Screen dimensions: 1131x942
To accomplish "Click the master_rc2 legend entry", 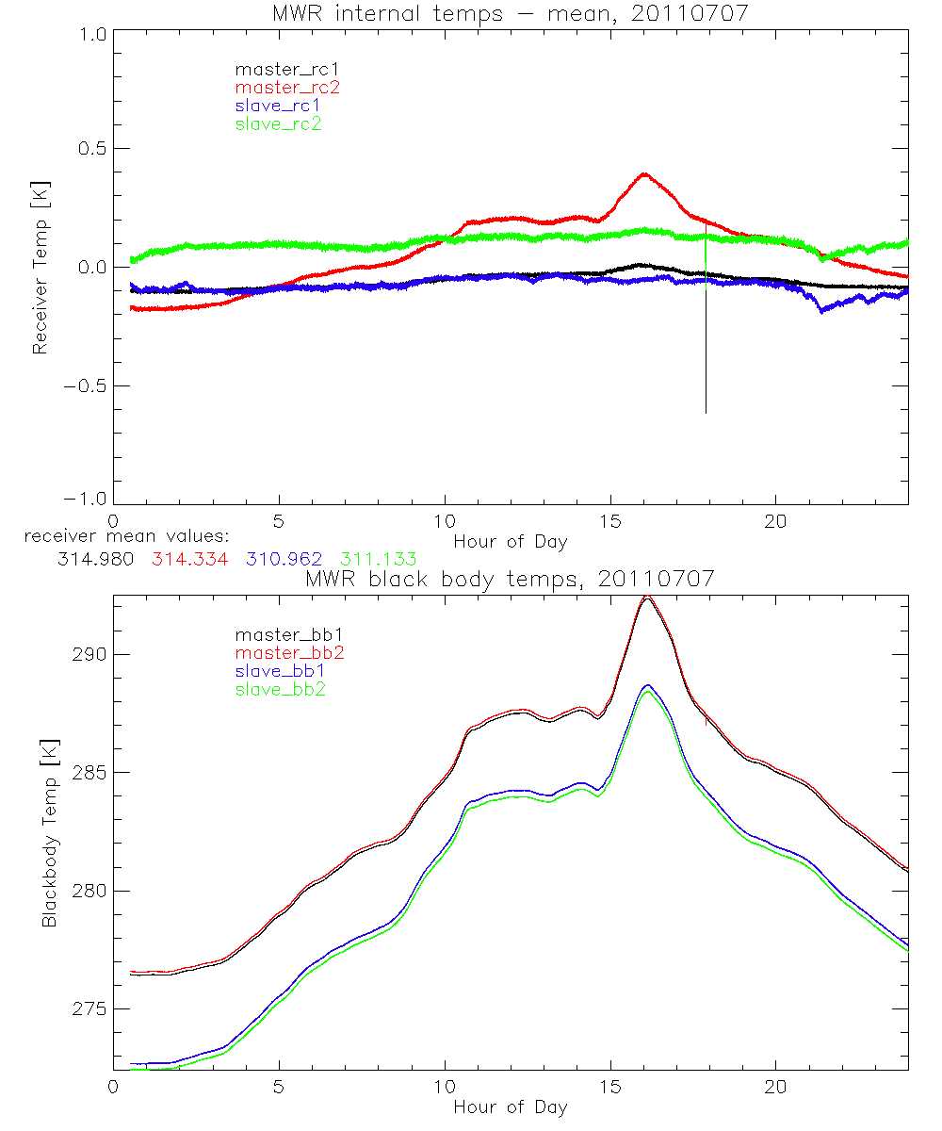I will point(287,87).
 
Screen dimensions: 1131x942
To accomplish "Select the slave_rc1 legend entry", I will point(281,106).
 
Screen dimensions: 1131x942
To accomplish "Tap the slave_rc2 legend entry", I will point(281,123).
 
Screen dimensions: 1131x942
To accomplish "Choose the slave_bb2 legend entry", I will point(281,691).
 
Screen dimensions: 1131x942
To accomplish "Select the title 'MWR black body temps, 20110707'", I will point(511,579).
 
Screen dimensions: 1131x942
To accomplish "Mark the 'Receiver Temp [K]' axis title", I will point(40,267).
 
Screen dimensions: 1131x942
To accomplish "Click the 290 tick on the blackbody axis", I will point(89,655).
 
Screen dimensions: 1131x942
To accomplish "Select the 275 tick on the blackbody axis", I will point(89,1009).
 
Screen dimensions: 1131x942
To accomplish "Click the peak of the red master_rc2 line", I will point(644,173).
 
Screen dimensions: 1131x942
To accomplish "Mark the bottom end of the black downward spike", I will point(706,413).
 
